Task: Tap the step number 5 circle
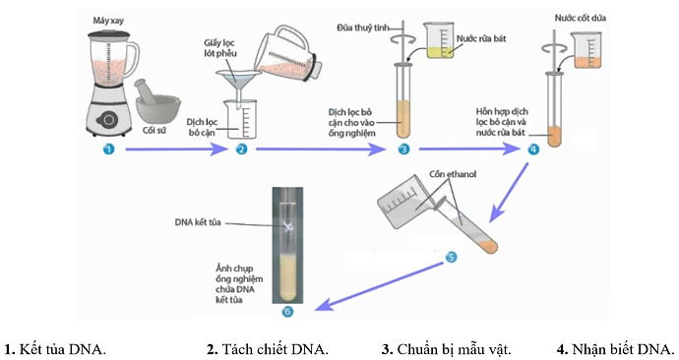click(x=452, y=257)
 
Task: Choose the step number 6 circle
click(x=287, y=312)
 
